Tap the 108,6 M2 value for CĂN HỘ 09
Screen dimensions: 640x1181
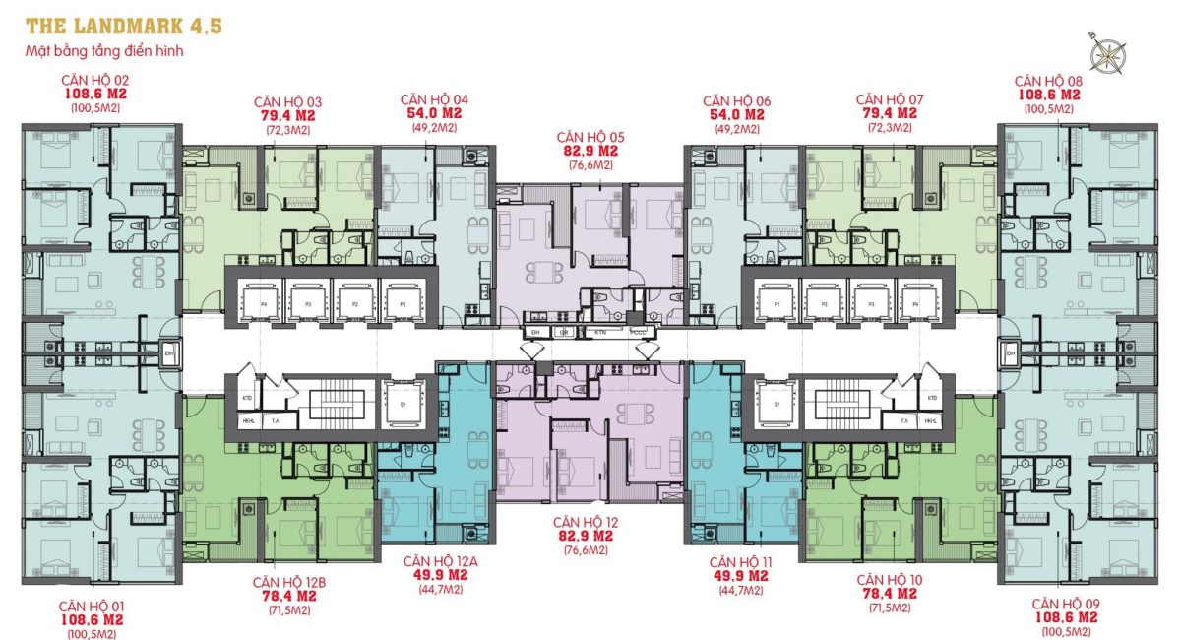click(1066, 618)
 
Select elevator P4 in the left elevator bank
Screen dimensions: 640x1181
click(263, 305)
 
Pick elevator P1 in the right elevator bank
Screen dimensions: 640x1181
click(777, 305)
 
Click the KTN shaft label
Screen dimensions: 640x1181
click(599, 333)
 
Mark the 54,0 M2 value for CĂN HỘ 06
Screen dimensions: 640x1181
click(736, 114)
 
